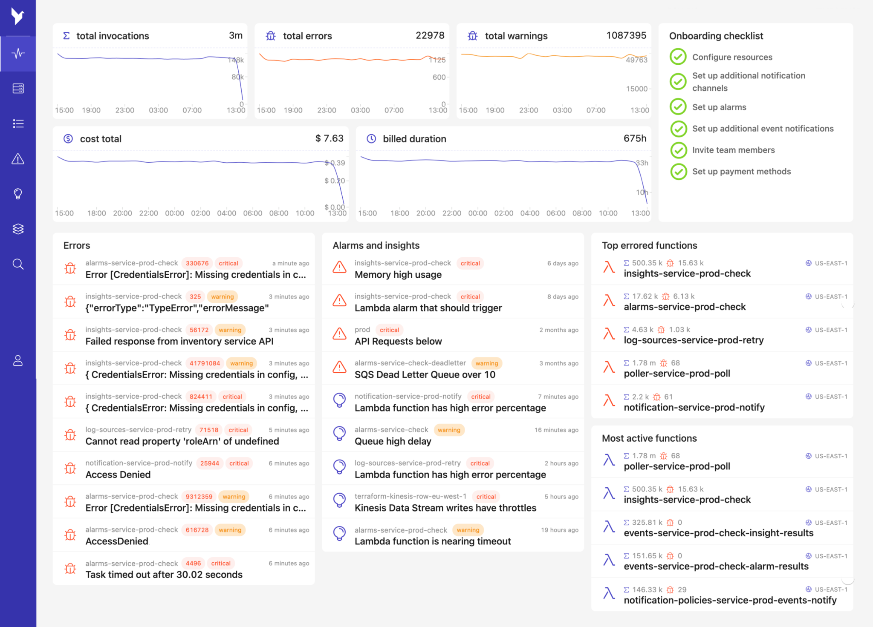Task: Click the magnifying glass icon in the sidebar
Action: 18,264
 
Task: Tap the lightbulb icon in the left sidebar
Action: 18,194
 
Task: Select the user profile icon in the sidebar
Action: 18,361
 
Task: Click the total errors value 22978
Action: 430,35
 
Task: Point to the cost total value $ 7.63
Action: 329,138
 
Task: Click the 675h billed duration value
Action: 634,138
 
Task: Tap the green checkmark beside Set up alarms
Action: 678,107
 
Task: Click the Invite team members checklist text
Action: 733,150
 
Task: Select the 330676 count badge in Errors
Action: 197,263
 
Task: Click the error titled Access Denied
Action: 118,475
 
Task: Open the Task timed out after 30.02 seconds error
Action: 164,575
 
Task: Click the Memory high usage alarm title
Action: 398,275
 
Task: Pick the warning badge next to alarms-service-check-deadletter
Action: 486,363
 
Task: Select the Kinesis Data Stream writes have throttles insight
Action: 445,508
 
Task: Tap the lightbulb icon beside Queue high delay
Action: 339,433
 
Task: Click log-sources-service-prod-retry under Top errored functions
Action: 694,340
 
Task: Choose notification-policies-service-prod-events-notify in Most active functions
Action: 730,600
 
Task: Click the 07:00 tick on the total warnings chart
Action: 595,110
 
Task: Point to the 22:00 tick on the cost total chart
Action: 148,213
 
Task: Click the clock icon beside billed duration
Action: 371,139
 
